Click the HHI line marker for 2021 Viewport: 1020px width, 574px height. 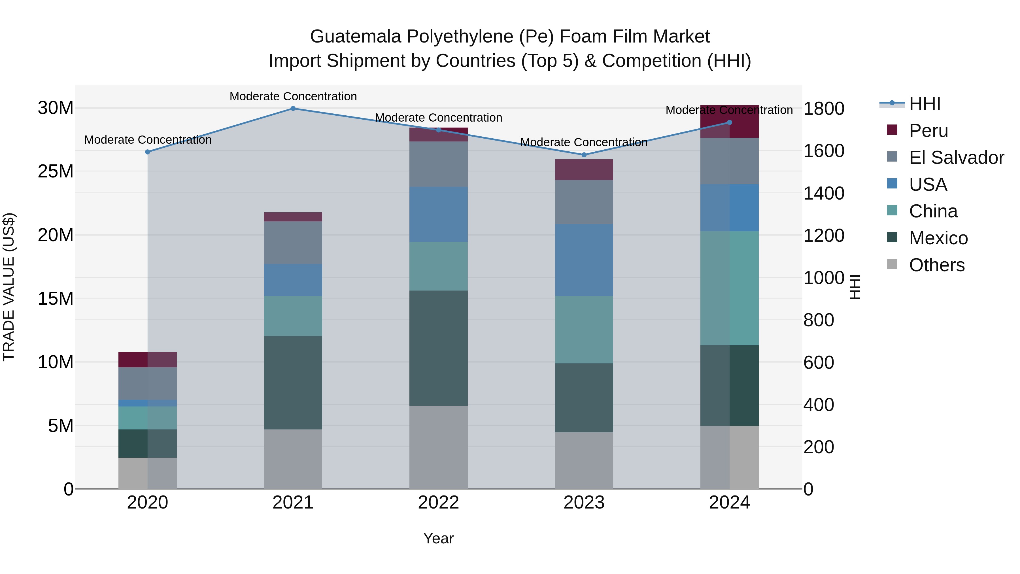click(x=293, y=109)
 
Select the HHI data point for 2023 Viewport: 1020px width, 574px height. click(x=584, y=155)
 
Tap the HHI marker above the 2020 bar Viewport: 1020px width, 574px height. click(x=148, y=152)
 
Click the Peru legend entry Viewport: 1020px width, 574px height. click(x=928, y=131)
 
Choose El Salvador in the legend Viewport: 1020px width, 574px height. click(x=956, y=158)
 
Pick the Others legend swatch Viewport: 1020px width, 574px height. click(x=892, y=264)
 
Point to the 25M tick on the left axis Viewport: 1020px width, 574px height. click(x=56, y=171)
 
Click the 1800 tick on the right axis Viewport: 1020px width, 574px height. click(x=824, y=109)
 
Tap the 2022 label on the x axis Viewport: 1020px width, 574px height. click(x=438, y=503)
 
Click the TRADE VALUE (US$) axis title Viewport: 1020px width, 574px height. click(x=9, y=287)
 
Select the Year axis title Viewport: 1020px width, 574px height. click(x=438, y=538)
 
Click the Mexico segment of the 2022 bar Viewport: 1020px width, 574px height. click(x=438, y=348)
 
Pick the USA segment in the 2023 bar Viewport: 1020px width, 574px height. click(x=584, y=260)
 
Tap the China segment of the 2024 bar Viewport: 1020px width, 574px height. click(x=729, y=288)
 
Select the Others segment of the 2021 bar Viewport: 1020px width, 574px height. click(x=293, y=459)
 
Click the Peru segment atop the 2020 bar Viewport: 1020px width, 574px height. click(x=148, y=360)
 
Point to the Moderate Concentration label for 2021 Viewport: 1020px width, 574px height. click(x=293, y=97)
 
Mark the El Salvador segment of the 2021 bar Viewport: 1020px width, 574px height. click(x=293, y=243)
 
